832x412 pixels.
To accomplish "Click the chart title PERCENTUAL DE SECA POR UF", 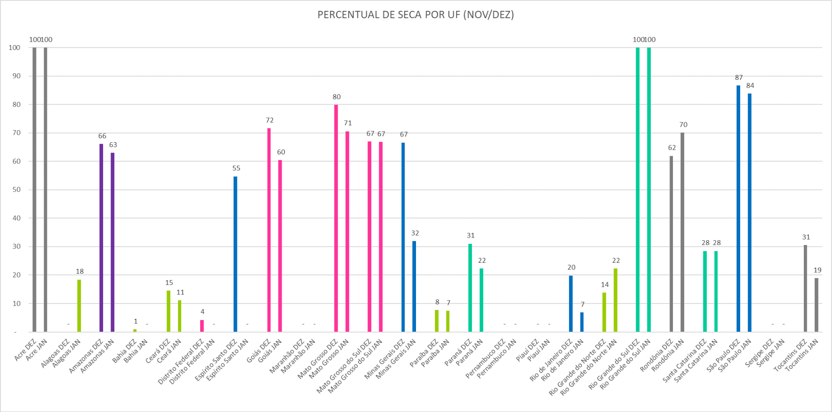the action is [x=415, y=15].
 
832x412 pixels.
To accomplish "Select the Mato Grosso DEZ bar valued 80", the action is [x=336, y=217].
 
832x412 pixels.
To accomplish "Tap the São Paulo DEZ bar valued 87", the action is [x=738, y=208].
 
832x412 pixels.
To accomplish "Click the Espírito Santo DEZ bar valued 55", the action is [x=235, y=254].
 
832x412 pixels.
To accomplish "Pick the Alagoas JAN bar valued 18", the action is [x=79, y=306].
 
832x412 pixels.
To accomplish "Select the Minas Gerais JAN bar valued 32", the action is [x=414, y=286].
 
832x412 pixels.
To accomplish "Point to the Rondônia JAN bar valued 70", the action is [x=682, y=232].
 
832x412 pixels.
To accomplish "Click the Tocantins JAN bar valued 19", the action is [x=816, y=305].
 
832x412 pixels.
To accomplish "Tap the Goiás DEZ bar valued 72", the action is [x=269, y=230].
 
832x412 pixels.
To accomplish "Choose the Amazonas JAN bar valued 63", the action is [x=112, y=242].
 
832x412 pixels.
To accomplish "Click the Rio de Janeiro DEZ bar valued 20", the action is [x=571, y=304].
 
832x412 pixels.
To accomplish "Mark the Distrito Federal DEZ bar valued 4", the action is [x=202, y=326].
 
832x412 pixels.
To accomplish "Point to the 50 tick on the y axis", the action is [x=16, y=190].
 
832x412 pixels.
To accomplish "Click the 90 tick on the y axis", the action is [x=16, y=76].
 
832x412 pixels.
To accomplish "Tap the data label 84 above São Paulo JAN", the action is [x=750, y=85].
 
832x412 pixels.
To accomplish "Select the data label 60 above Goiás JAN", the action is [x=281, y=152].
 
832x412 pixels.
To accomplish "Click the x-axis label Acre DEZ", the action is [x=26, y=350].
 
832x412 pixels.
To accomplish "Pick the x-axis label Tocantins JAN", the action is [x=802, y=355].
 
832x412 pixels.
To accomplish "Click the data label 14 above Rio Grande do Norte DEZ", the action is [x=604, y=284].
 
